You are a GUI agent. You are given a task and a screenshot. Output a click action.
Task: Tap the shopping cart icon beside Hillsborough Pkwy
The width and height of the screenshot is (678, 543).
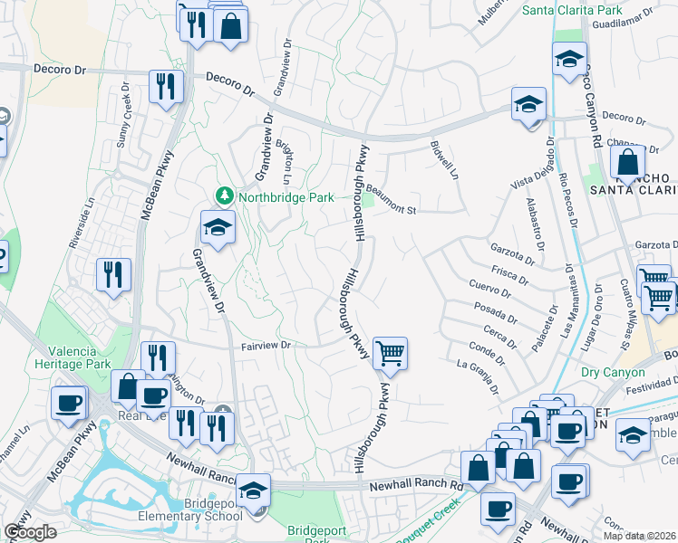point(390,353)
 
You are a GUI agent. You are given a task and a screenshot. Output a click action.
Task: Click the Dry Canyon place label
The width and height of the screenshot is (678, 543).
point(613,372)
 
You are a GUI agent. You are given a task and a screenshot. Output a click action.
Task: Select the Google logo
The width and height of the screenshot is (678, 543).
point(31,531)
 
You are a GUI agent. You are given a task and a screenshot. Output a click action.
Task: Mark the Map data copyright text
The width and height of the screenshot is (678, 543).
point(639,536)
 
